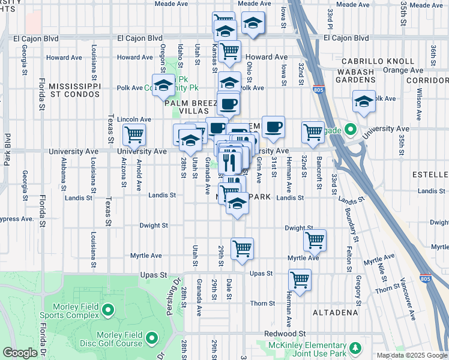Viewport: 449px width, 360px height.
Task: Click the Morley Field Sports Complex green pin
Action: click(108, 310)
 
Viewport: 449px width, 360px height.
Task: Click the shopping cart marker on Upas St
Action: click(300, 279)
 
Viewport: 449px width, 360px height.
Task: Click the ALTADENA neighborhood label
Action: click(336, 313)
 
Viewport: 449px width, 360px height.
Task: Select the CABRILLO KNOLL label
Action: click(378, 61)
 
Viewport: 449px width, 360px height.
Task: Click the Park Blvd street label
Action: click(7, 149)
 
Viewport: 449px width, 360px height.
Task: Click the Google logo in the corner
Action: click(20, 353)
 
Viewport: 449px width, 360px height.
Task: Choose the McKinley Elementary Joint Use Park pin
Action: click(355, 348)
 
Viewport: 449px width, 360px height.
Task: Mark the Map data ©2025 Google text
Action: click(411, 355)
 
